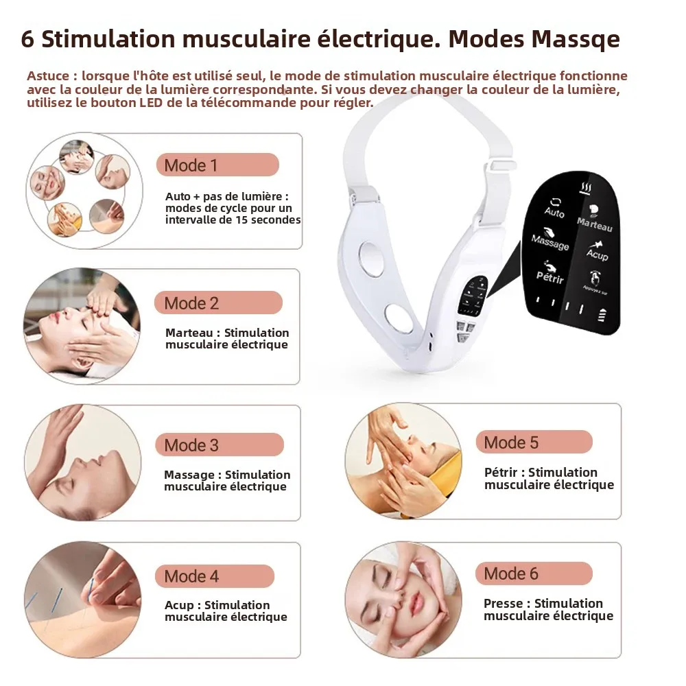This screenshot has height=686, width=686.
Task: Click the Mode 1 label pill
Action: [x=217, y=165]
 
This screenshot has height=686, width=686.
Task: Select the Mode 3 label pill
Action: [x=219, y=445]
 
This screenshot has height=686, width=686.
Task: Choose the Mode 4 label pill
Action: [x=215, y=576]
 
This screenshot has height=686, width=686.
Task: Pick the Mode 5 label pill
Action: [x=534, y=442]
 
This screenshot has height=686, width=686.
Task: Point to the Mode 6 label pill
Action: [x=534, y=573]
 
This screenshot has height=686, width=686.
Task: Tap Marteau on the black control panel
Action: [x=594, y=224]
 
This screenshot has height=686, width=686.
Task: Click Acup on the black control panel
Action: [x=597, y=255]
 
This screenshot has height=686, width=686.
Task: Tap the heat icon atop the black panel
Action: [x=587, y=187]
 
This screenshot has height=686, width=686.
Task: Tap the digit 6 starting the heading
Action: [x=27, y=39]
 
